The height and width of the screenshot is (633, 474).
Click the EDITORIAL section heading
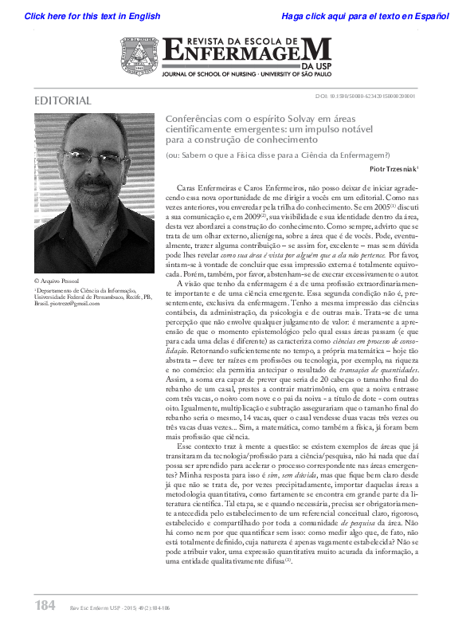coord(64,101)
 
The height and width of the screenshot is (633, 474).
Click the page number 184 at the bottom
coord(45,606)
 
